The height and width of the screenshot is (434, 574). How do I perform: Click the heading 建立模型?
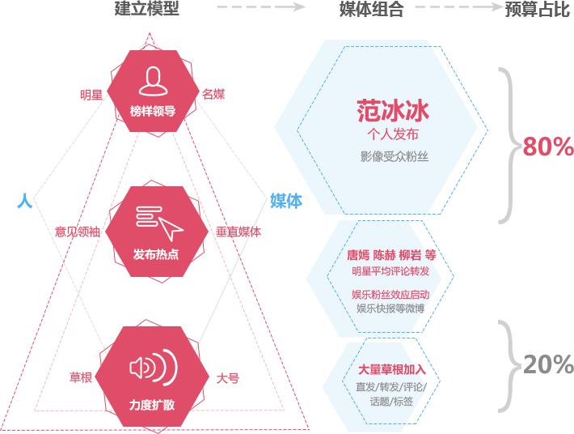point(146,9)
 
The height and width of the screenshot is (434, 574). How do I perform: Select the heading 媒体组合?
point(371,9)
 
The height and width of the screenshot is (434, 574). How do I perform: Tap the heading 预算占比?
point(537,9)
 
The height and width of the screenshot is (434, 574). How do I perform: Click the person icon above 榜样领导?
point(152,81)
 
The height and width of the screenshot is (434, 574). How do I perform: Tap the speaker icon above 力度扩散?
point(153,367)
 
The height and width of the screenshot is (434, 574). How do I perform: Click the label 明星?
point(91,95)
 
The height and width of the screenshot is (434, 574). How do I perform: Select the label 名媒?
point(213,95)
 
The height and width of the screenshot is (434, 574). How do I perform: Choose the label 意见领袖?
point(78,232)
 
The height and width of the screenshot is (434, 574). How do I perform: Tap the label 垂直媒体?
point(238,232)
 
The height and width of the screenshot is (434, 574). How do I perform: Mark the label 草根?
point(81,377)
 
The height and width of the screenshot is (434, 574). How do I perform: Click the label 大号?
point(227,377)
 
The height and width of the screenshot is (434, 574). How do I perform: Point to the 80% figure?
point(547,147)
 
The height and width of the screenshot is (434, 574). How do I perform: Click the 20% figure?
point(547,365)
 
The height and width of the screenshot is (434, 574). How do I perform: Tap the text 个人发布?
point(393,134)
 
